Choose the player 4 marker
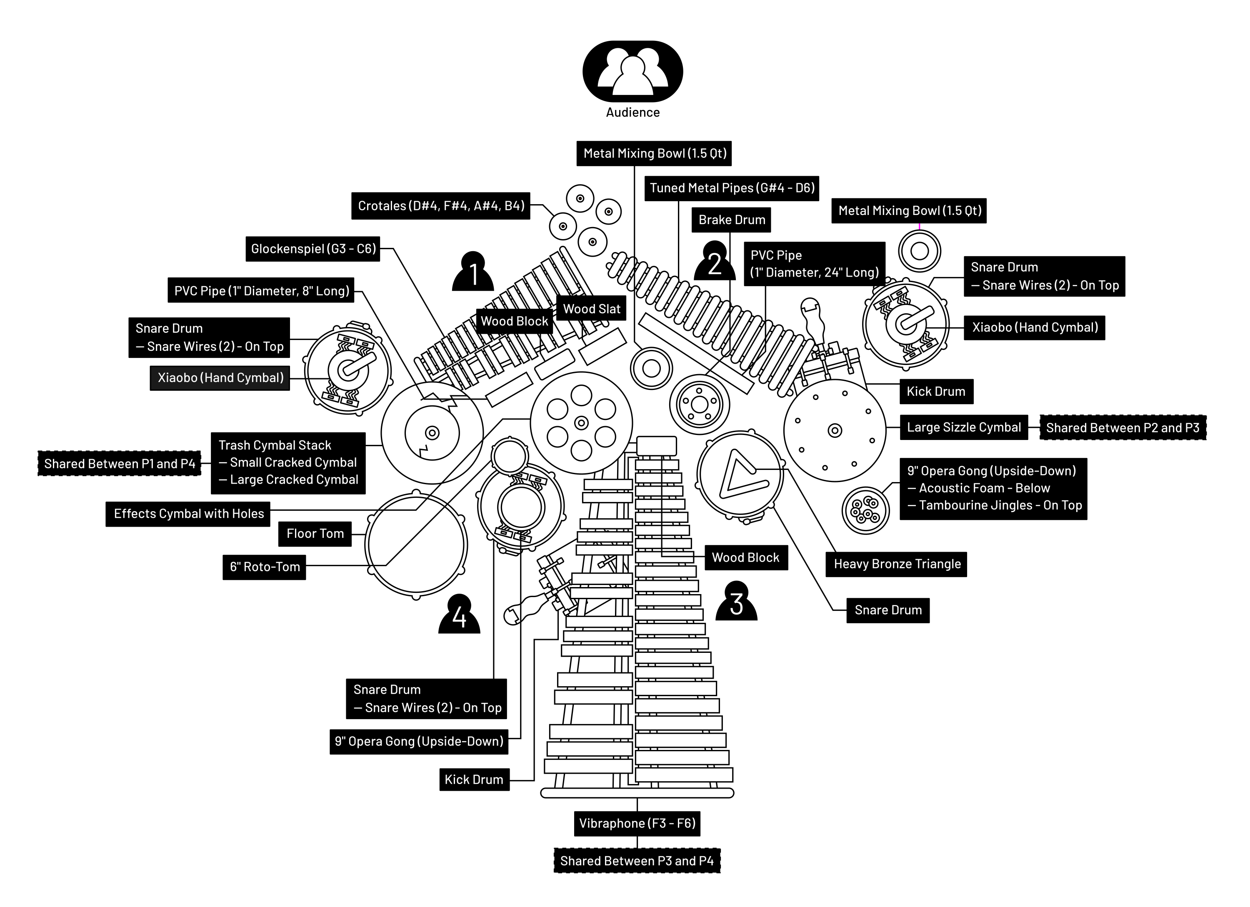(459, 615)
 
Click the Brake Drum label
(731, 220)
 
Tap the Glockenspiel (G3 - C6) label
(313, 249)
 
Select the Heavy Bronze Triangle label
(897, 564)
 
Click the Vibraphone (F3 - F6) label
(637, 823)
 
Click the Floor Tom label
(315, 533)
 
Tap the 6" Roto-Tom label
(265, 567)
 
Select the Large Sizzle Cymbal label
(963, 427)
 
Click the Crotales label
(441, 206)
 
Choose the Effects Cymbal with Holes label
(188, 514)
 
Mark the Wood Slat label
(591, 309)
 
